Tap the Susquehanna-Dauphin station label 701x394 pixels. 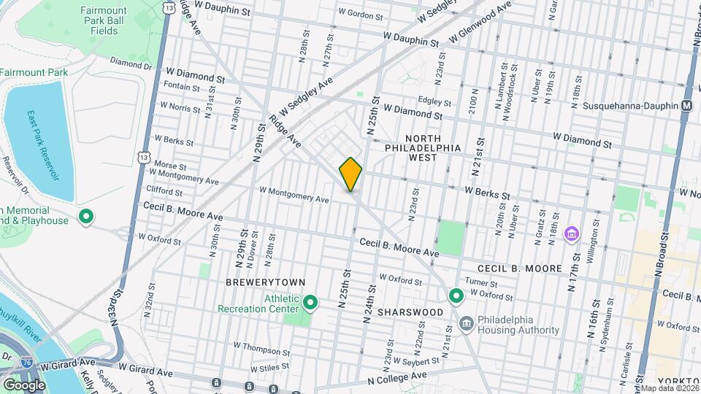[630, 106]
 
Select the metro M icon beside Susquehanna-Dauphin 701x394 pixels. [686, 106]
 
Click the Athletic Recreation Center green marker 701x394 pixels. [310, 301]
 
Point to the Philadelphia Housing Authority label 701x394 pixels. [519, 324]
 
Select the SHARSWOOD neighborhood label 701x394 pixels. [415, 312]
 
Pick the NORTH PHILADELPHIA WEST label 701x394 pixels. [424, 152]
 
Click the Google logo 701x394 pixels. [24, 384]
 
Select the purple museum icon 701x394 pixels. [573, 235]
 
